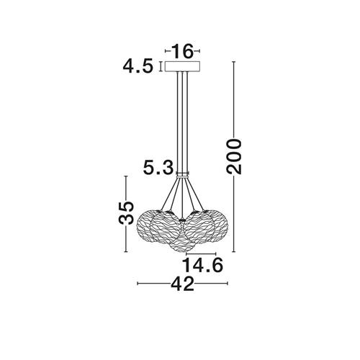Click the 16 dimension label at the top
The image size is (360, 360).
[183, 51]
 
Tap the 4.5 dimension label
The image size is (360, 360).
[138, 66]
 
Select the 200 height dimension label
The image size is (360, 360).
[234, 156]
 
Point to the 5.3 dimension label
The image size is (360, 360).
[158, 167]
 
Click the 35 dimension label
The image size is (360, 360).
[127, 213]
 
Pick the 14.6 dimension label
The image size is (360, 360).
[203, 265]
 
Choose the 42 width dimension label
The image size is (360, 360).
[182, 284]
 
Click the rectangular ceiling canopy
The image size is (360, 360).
[182, 66]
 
